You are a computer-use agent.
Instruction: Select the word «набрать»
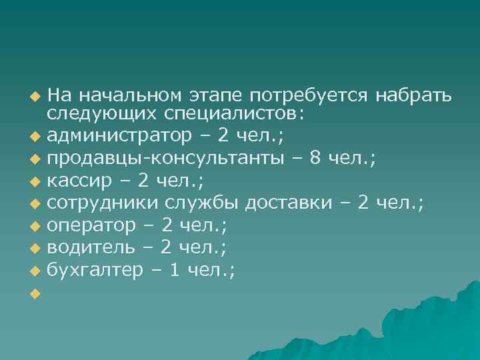413,94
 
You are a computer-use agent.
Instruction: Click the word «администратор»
124,137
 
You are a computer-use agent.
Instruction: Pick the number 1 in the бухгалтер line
173,269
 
